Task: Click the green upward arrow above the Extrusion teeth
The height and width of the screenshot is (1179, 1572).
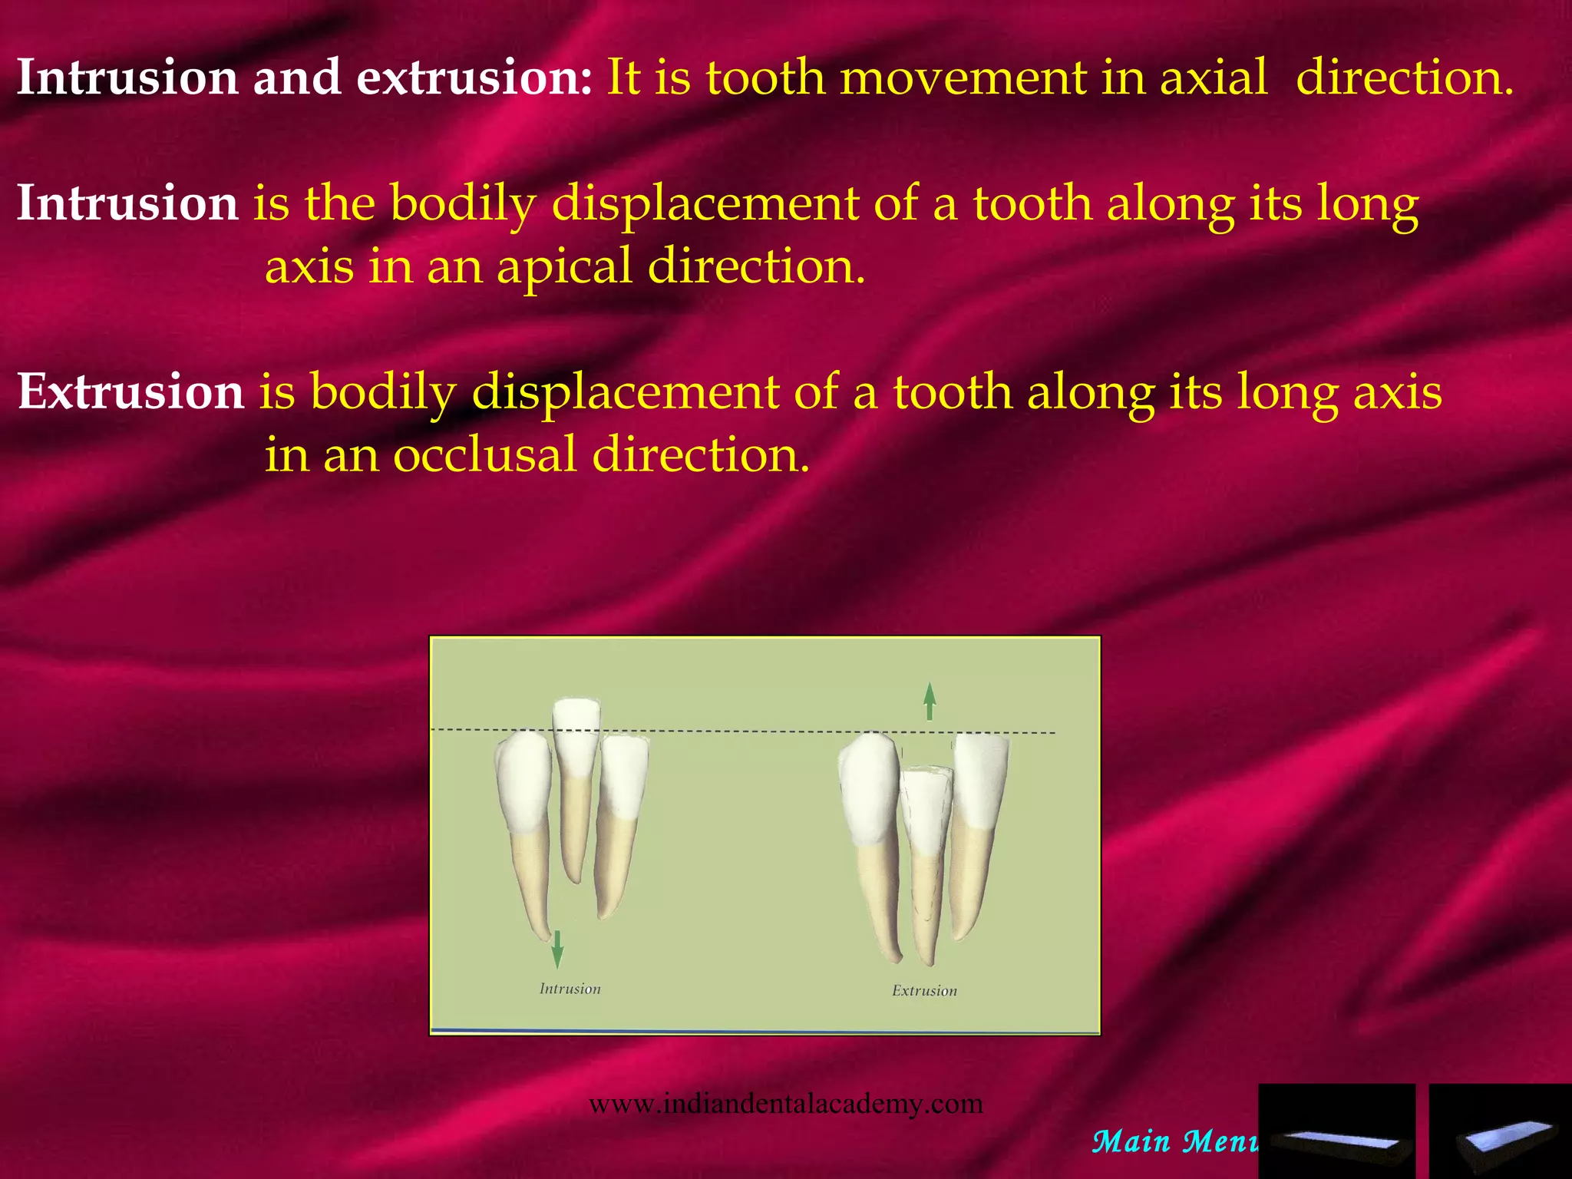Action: [930, 702]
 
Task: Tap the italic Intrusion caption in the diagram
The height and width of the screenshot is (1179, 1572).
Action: [570, 989]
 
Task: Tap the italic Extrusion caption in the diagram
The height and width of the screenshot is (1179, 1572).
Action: [924, 991]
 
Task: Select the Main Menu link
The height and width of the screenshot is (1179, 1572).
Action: [1174, 1141]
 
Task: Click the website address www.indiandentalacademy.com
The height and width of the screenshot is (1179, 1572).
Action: [785, 1104]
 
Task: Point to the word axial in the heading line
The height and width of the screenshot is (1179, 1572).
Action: [1214, 78]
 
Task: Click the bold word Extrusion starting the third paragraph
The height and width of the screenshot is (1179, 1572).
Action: [130, 391]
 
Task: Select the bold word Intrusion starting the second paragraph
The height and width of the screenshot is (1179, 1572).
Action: [127, 203]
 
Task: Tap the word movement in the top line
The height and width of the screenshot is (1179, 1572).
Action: [963, 78]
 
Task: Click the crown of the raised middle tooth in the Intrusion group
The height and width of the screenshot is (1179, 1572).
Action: [576, 733]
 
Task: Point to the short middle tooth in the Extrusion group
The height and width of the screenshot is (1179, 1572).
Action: [926, 814]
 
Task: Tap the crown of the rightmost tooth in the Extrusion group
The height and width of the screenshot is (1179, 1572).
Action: [979, 779]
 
